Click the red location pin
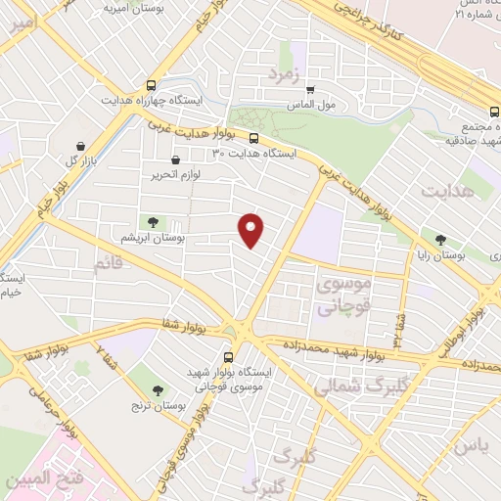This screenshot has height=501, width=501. pyautogui.click(x=252, y=229)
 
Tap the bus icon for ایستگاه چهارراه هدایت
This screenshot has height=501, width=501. pyautogui.click(x=150, y=85)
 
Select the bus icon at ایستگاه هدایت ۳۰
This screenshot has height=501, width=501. pyautogui.click(x=253, y=138)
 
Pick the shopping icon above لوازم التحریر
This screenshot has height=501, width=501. pyautogui.click(x=175, y=159)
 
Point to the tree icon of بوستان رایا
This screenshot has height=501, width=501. pyautogui.click(x=441, y=239)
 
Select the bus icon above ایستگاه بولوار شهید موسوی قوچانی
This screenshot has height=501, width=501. pyautogui.click(x=229, y=357)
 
